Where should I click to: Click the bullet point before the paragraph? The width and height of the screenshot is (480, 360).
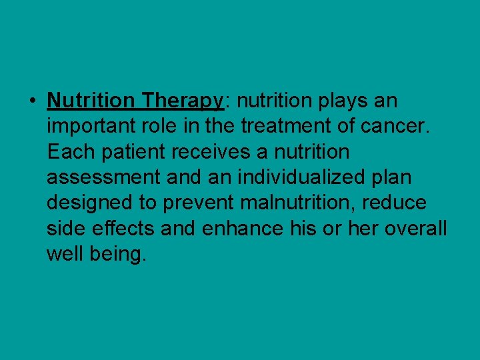(32, 101)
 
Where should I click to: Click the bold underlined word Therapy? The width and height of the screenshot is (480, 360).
(181, 101)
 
